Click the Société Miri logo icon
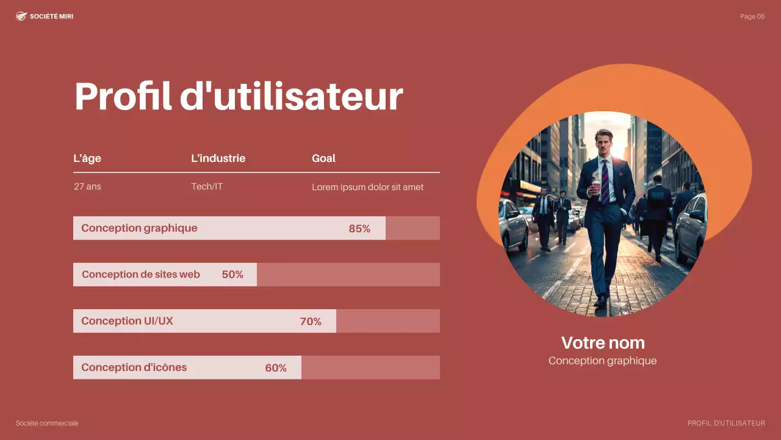pos(21,16)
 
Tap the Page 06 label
pos(752,16)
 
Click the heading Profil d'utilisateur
pos(239,96)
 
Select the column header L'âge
pos(87,158)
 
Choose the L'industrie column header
pos(218,158)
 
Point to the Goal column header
pos(323,158)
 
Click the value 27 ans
pos(87,186)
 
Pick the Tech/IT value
pos(207,186)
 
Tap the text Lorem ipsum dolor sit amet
pos(367,187)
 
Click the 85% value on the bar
pos(359,229)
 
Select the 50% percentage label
pos(232,275)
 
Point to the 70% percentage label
pos(311,321)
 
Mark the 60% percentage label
pos(276,368)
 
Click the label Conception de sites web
pos(141,274)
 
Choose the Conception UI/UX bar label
pos(127,321)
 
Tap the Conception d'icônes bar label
pos(134,367)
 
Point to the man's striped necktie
pos(605,179)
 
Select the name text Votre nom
pos(603,342)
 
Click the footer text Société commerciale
pos(47,424)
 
